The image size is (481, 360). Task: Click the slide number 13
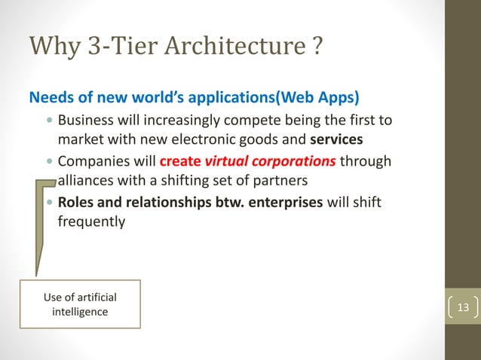point(463,307)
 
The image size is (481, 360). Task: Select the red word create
point(180,162)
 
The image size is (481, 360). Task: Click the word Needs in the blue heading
point(47,98)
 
